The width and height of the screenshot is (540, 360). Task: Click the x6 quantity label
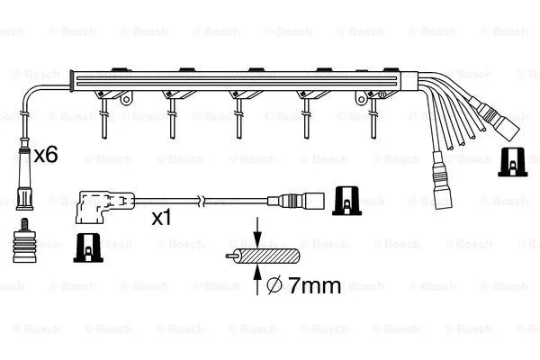[x=46, y=155]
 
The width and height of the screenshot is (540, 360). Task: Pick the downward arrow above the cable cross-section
[x=256, y=233]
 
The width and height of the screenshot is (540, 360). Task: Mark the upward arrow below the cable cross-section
[x=256, y=283]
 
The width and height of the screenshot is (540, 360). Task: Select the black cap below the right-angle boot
[x=88, y=245]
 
